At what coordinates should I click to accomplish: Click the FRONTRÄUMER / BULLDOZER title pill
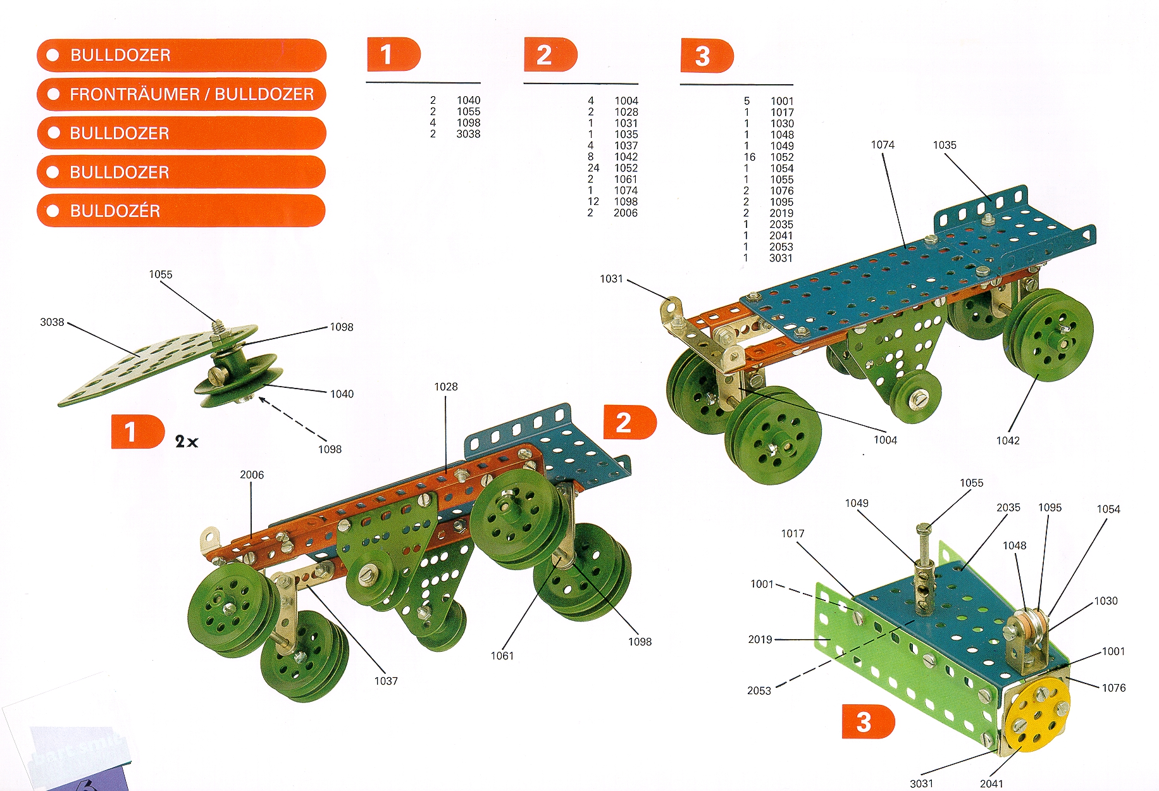(182, 94)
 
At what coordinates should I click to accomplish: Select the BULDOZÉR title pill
(182, 211)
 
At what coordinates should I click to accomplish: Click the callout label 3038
(52, 322)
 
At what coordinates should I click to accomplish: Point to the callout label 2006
(252, 475)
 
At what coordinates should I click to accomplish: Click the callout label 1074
(883, 145)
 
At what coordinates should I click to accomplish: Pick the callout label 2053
(759, 690)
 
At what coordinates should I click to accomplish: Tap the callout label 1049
(857, 503)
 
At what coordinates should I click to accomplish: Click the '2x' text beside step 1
(187, 442)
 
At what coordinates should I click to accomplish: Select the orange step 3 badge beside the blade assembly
(867, 722)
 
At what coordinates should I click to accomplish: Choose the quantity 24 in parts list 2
(593, 168)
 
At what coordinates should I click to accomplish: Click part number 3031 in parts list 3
(781, 258)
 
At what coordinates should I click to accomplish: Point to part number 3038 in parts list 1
(468, 134)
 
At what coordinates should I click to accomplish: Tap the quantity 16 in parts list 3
(749, 157)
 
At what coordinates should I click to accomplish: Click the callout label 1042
(1008, 440)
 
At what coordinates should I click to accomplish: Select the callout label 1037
(386, 681)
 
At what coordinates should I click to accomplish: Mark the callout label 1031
(611, 279)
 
